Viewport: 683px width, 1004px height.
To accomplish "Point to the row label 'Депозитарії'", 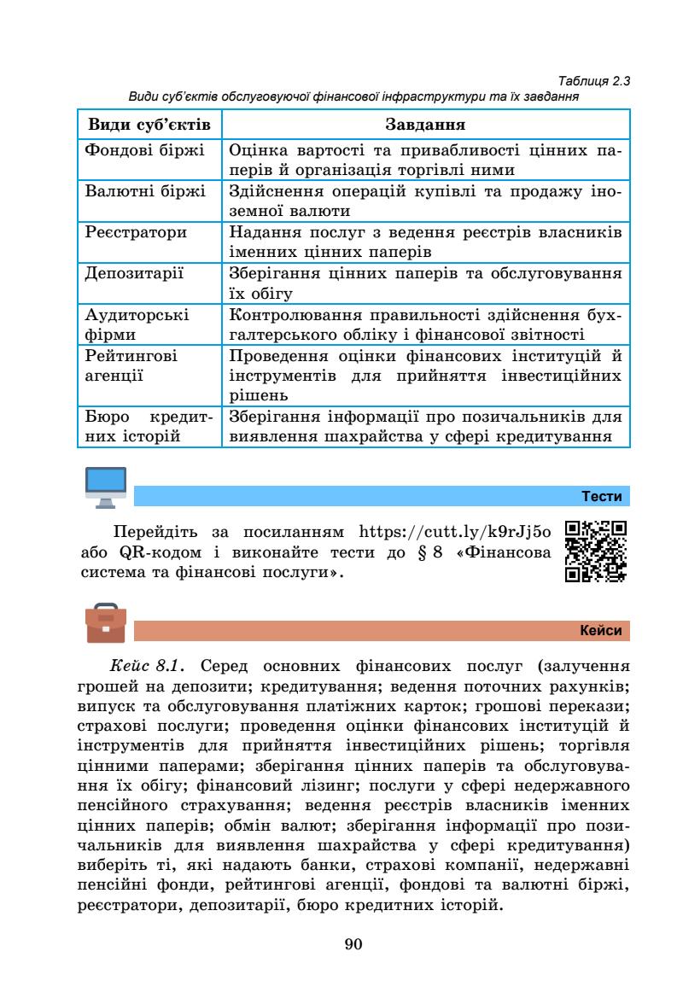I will [x=133, y=274].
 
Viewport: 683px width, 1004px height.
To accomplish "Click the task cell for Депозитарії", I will [x=423, y=283].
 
